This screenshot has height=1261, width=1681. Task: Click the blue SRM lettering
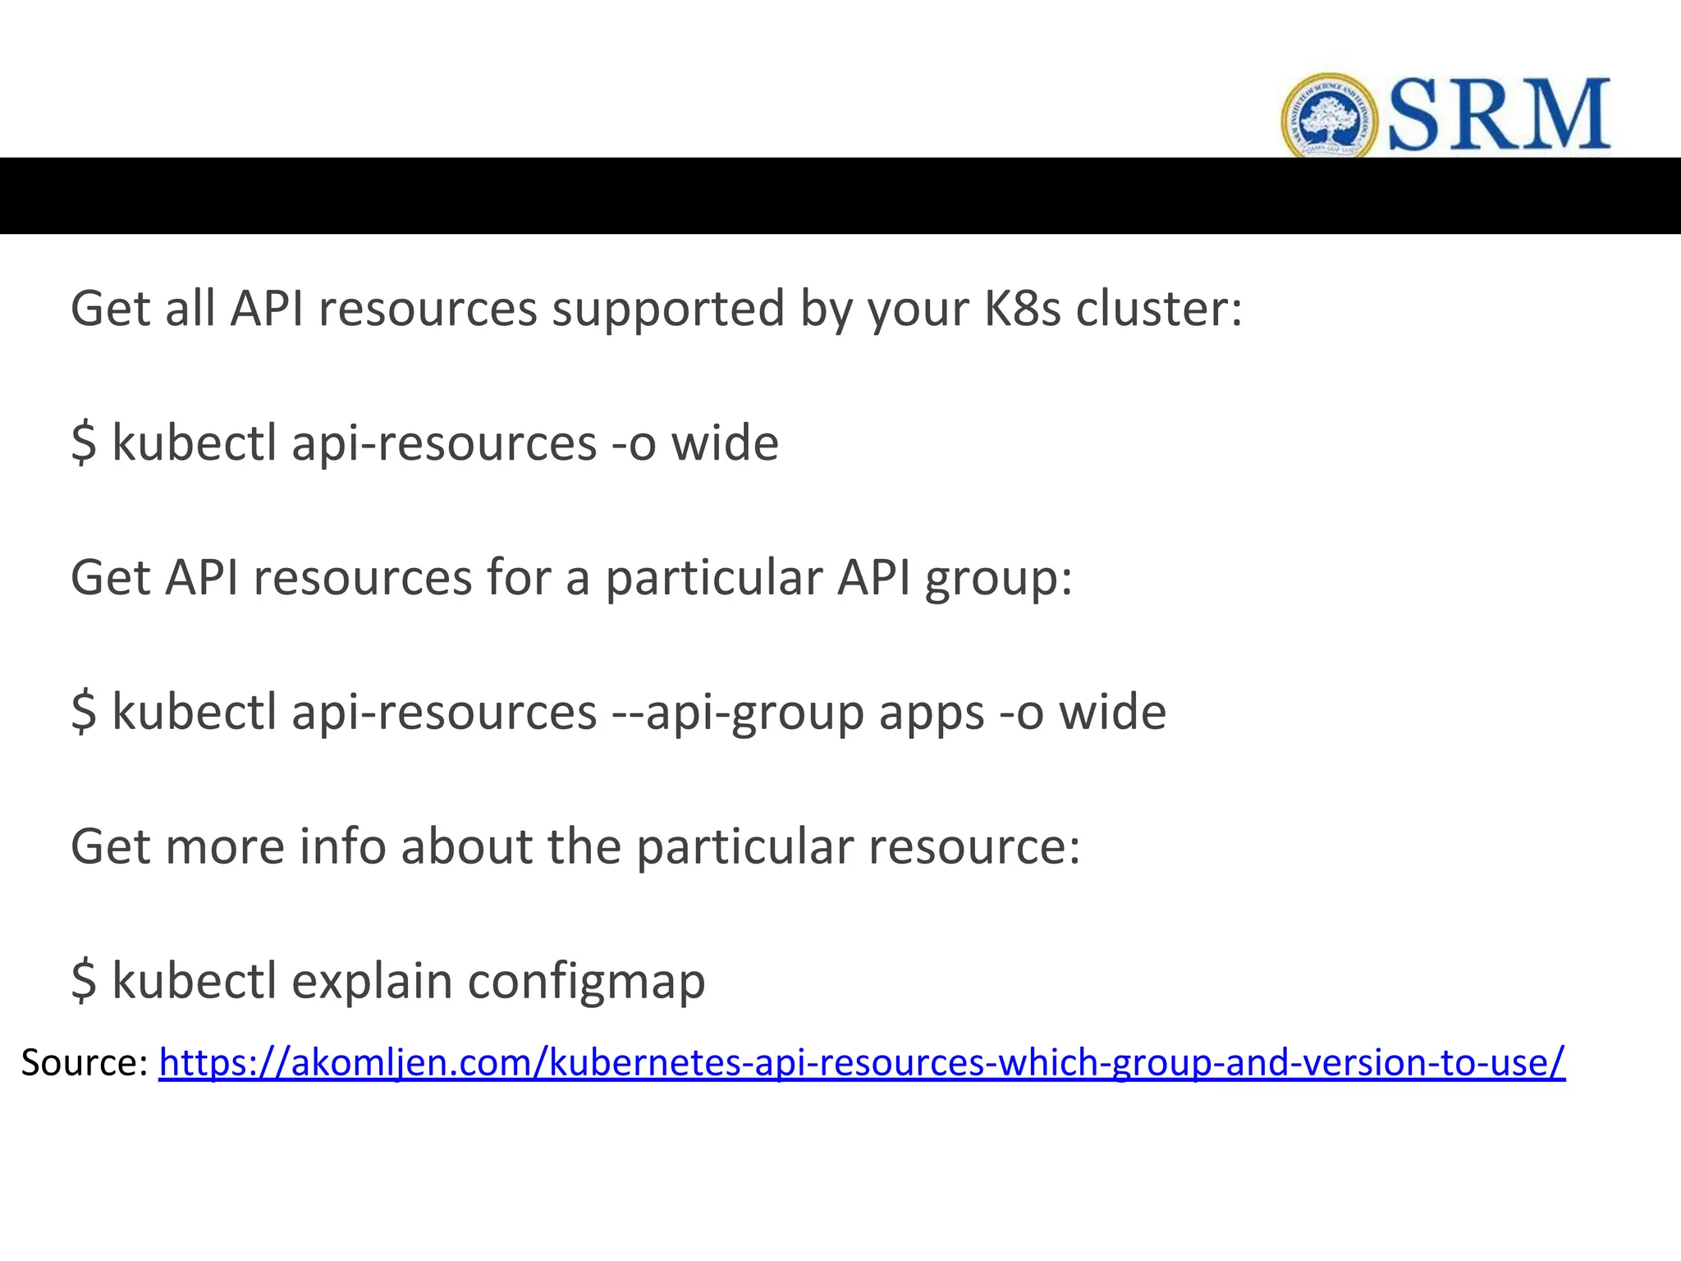pyautogui.click(x=1499, y=115)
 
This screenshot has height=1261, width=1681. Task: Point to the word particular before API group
pyautogui.click(x=714, y=578)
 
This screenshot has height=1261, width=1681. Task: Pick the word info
pyautogui.click(x=342, y=846)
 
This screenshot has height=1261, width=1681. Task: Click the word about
pyautogui.click(x=466, y=846)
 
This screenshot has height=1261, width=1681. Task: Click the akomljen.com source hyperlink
pyautogui.click(x=862, y=1062)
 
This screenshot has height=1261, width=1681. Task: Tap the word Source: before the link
pyautogui.click(x=85, y=1062)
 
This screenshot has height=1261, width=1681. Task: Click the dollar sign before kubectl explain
pyautogui.click(x=84, y=982)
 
